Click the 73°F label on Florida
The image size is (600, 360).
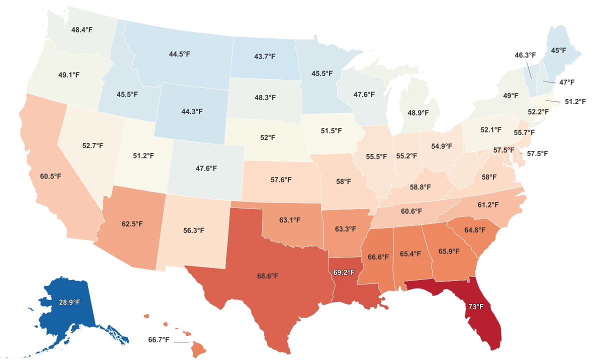tap(475, 306)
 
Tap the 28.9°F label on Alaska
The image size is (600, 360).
tap(69, 302)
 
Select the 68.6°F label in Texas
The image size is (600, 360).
tap(267, 275)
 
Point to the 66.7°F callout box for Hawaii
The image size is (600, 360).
tap(158, 340)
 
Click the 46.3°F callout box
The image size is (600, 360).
tap(525, 55)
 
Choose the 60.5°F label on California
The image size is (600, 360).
tap(50, 176)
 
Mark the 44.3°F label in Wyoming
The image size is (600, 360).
tap(192, 111)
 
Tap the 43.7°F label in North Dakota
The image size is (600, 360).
tap(264, 56)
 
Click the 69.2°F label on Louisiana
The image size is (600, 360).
tap(343, 272)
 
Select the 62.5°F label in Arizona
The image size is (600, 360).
tap(132, 223)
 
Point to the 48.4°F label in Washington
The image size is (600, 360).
tap(81, 29)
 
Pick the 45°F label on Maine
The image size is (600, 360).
tap(558, 50)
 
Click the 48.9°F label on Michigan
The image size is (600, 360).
tap(418, 113)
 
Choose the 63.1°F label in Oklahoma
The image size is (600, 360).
tap(290, 219)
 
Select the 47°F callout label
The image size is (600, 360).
tap(566, 81)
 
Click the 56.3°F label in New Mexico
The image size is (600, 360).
tap(193, 230)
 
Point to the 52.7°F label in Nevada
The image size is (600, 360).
tap(92, 145)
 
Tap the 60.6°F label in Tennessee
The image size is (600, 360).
tap(411, 211)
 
